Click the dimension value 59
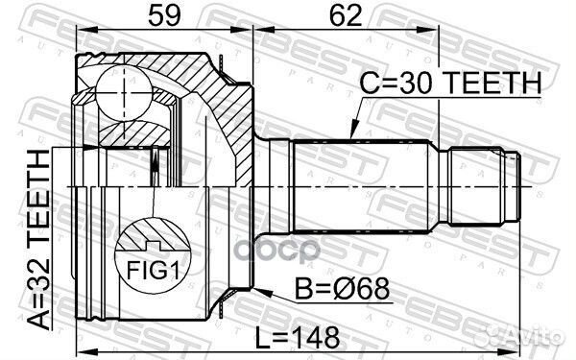(163, 16)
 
